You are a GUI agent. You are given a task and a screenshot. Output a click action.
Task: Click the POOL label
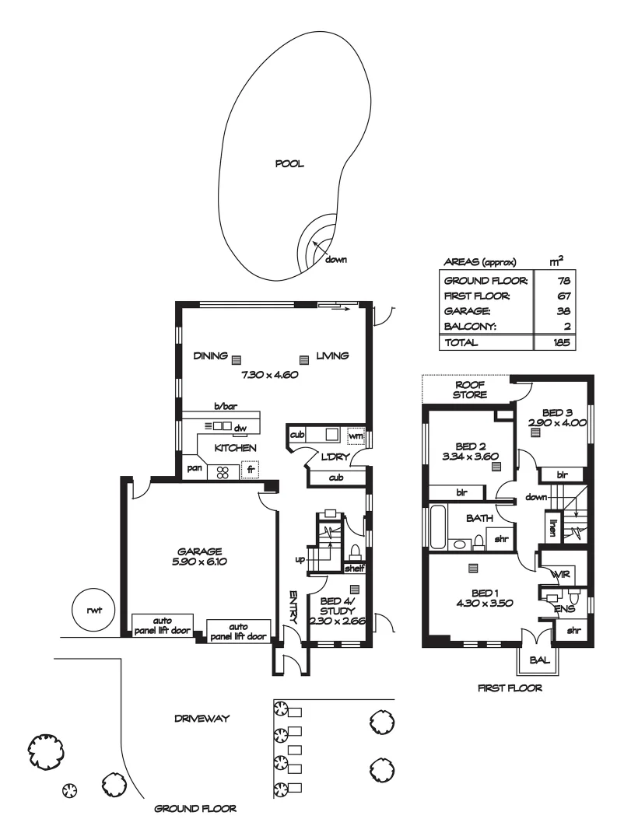tap(289, 164)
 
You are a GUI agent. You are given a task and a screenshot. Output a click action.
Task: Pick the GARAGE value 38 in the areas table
tap(557, 311)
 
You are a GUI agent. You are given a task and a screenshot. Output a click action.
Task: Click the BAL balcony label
tap(539, 659)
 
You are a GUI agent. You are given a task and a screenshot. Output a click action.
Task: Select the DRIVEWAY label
tap(201, 719)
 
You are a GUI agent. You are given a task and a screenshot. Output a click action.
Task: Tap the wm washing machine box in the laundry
tap(355, 434)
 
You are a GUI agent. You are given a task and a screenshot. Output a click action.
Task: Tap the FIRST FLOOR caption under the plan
tap(510, 688)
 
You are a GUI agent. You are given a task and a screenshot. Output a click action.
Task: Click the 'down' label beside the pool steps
tap(336, 259)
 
